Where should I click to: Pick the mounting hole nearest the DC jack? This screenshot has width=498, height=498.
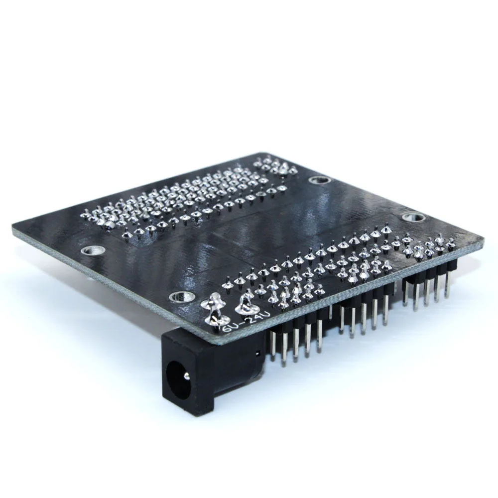point(178,297)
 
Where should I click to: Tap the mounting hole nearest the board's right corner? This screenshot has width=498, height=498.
point(411,217)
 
